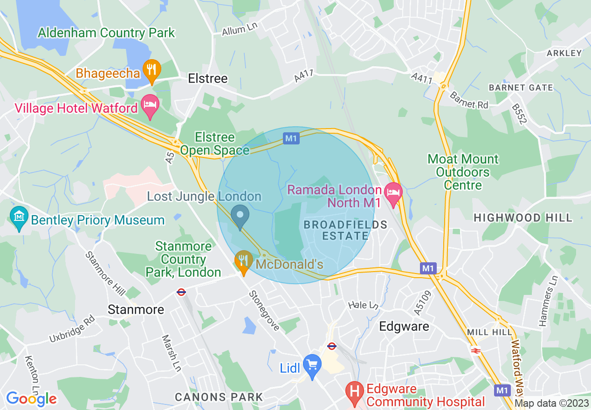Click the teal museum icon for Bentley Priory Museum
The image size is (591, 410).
19,217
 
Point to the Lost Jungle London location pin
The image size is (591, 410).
241,216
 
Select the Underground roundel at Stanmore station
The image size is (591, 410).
181,292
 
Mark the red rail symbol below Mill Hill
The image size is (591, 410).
475,351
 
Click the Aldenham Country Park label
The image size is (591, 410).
106,33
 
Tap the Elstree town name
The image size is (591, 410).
207,78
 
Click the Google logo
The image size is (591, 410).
31,399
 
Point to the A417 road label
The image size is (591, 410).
304,76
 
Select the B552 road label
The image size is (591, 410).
519,114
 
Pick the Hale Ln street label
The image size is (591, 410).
363,305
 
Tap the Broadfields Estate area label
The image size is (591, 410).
345,230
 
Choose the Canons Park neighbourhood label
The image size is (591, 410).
219,397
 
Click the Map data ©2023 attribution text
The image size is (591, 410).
552,403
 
